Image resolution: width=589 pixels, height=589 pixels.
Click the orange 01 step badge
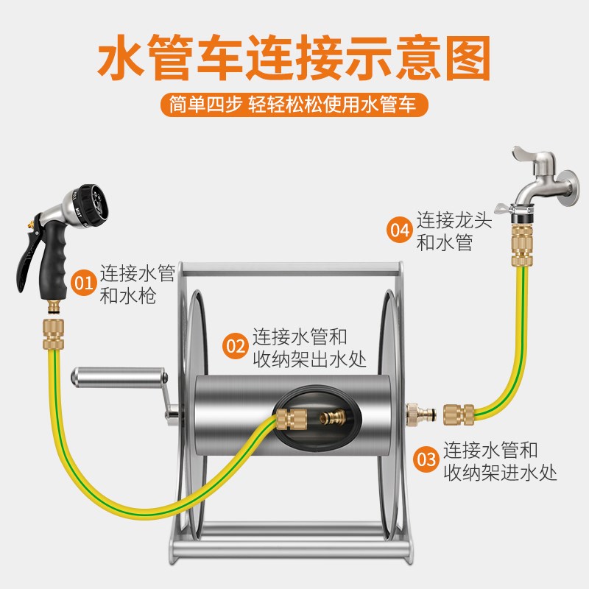pos(83,283)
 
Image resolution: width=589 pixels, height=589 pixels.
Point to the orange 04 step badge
pos(399,230)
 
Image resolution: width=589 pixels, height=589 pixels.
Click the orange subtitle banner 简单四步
pos(294,105)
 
